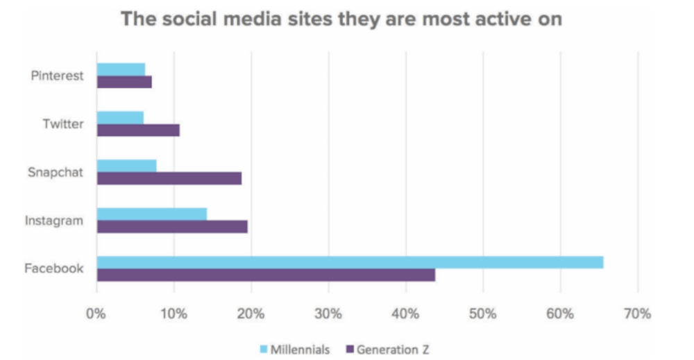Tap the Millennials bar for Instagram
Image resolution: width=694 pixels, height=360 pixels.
tap(152, 214)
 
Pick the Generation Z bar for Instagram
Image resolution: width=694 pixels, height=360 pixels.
tap(172, 227)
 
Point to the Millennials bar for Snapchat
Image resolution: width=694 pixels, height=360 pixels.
tap(126, 166)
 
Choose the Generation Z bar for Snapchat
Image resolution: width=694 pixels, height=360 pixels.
tap(169, 178)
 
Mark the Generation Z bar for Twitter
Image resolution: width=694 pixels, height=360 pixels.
tap(138, 130)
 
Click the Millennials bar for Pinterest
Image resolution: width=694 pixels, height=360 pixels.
tap(121, 69)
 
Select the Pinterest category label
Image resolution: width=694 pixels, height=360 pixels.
tap(58, 76)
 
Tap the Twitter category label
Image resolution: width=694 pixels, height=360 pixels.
tap(63, 124)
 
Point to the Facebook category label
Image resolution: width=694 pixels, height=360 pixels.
tap(54, 268)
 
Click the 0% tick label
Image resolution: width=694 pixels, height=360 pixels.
tap(96, 314)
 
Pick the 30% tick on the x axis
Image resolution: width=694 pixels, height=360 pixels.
tap(328, 314)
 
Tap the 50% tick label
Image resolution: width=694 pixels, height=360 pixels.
tap(482, 314)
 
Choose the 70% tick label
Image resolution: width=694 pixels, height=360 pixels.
tap(636, 314)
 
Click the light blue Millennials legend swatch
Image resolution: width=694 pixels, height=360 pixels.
tap(264, 349)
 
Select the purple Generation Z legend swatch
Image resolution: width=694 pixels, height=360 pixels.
tap(349, 349)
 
